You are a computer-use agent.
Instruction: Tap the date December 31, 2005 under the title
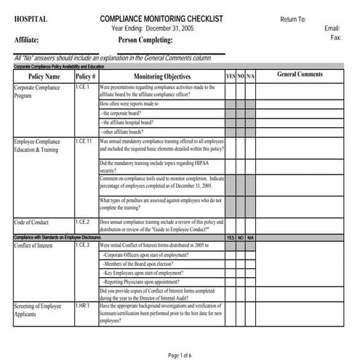(x=167, y=28)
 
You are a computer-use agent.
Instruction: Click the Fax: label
(x=335, y=37)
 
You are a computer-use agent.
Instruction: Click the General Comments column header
(x=300, y=75)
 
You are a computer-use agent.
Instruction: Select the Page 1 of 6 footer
(x=180, y=354)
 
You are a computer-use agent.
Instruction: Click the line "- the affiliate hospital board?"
(x=132, y=122)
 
